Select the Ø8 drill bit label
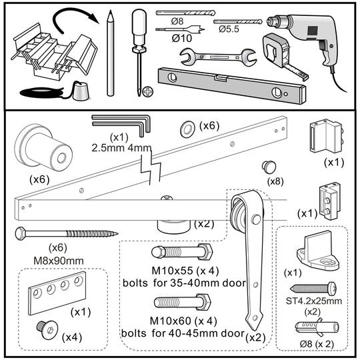(x=177, y=21)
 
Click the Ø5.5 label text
(x=229, y=29)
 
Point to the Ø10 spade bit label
(x=181, y=38)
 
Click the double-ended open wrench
(x=218, y=57)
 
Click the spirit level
(x=232, y=85)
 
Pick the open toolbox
(x=54, y=54)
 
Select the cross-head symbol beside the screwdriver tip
(x=148, y=92)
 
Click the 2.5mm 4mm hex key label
(x=121, y=148)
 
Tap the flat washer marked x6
(x=187, y=129)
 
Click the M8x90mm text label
(x=59, y=261)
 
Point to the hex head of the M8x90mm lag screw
(x=21, y=233)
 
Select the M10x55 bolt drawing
(x=182, y=252)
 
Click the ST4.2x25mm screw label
(x=314, y=301)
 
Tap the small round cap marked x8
(x=269, y=167)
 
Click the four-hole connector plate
(x=57, y=293)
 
